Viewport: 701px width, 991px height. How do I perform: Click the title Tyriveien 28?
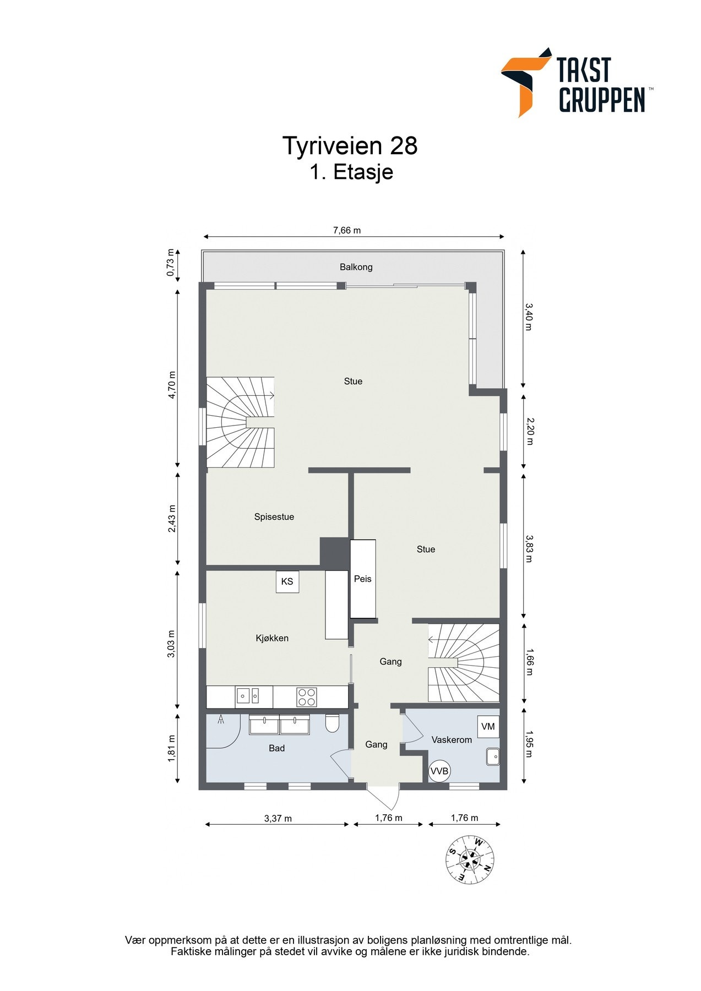tap(350, 146)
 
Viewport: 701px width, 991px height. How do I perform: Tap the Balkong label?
tap(356, 267)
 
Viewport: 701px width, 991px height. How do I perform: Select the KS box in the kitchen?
tap(287, 581)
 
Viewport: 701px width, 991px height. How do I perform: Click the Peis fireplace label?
tap(363, 579)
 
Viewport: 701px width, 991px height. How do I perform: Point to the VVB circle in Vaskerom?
tap(439, 771)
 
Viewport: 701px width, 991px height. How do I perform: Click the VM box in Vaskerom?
tap(488, 727)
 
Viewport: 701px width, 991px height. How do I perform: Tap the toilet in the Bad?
tap(332, 723)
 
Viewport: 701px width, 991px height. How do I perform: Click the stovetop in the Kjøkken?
tap(307, 697)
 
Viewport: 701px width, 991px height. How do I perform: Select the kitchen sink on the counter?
tap(248, 696)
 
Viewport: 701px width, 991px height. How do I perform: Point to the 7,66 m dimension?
tap(347, 231)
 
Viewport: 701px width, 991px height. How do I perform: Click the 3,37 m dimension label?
tap(278, 818)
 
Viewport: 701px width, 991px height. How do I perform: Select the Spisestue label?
tap(274, 516)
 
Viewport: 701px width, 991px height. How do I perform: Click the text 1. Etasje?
tap(351, 172)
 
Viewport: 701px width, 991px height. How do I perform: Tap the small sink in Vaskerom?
tap(493, 757)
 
